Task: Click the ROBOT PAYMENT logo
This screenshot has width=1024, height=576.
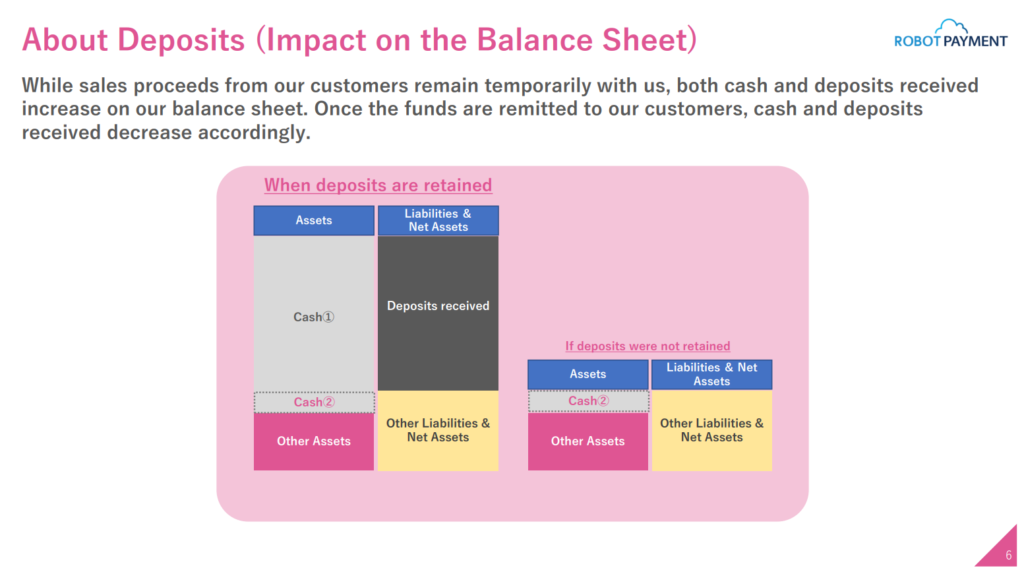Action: coord(950,34)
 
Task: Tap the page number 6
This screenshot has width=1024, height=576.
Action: coord(1008,556)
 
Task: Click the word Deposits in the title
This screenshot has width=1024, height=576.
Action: coord(181,40)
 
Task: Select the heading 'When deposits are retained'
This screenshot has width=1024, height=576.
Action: coord(378,185)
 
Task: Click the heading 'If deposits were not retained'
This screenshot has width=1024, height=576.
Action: coord(648,346)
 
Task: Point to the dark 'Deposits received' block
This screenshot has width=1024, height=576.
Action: coord(438,313)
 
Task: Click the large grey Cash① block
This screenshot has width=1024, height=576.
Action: coord(314,314)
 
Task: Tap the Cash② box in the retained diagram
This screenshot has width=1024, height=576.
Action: coord(314,402)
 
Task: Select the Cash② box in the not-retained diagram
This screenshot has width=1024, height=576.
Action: coord(588,400)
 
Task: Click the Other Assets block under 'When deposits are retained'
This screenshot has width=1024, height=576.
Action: coord(314,441)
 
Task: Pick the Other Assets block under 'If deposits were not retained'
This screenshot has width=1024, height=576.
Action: coord(588,441)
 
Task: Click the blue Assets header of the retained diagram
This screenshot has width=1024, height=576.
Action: coord(314,220)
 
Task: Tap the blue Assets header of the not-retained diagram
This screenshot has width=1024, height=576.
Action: coord(588,374)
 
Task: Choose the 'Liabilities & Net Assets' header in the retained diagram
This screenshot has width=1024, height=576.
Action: coord(438,220)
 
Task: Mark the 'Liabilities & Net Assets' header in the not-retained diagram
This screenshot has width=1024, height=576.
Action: coord(711,374)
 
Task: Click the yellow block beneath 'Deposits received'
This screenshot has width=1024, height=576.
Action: coord(438,430)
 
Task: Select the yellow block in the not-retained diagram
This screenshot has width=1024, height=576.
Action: coord(711,430)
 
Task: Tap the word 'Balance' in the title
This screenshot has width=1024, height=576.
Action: coord(534,40)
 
